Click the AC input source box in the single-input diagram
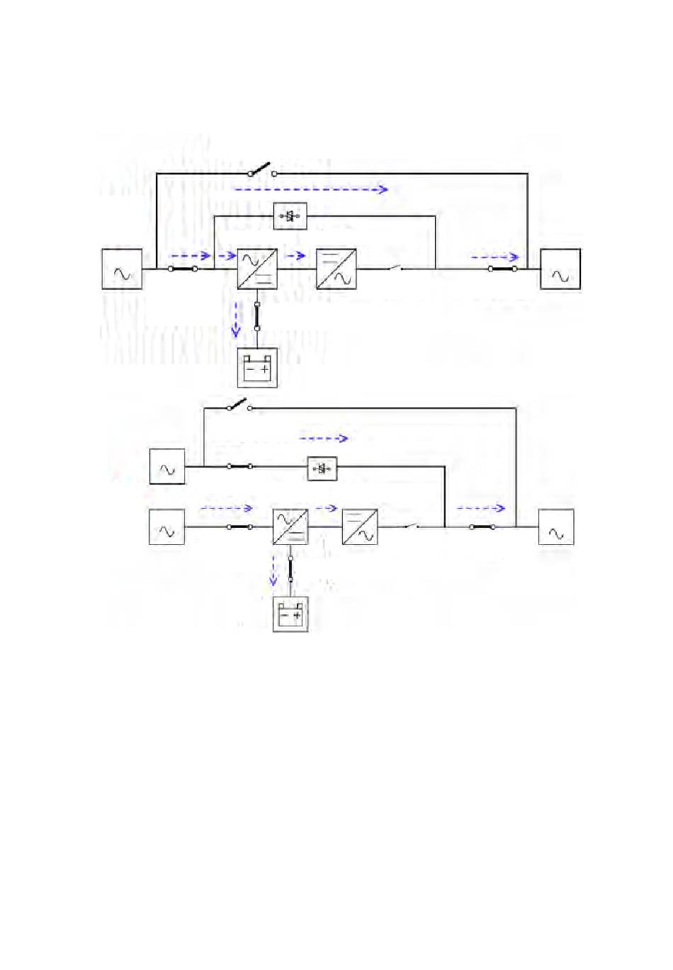[122, 269]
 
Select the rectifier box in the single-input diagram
[257, 269]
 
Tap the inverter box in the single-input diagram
[336, 269]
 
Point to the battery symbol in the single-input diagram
[257, 368]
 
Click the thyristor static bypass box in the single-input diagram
[290, 215]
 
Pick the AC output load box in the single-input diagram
[560, 269]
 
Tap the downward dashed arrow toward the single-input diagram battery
[237, 319]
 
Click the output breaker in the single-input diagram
[503, 269]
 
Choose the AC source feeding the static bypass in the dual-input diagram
[167, 467]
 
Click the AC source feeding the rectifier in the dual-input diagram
[167, 527]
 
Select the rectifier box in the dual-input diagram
[290, 527]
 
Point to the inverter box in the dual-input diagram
[360, 527]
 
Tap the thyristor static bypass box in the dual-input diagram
[322, 468]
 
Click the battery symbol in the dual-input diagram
[290, 614]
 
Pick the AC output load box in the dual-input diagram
[556, 527]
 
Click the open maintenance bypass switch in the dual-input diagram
[238, 405]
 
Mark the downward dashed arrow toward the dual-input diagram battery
[273, 570]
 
